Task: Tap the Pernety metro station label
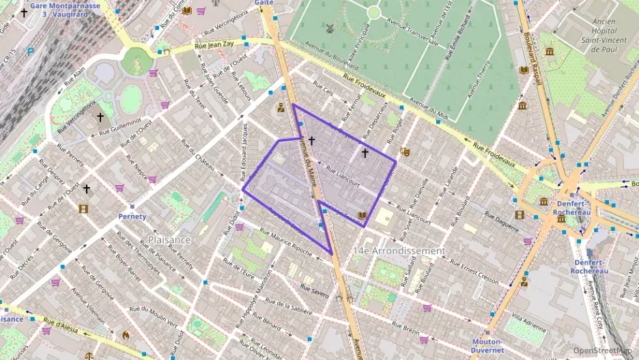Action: pyautogui.click(x=132, y=217)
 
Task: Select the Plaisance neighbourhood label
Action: pyautogui.click(x=169, y=240)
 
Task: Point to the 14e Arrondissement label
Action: pyautogui.click(x=399, y=251)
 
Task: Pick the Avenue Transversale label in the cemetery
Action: pyautogui.click(x=412, y=31)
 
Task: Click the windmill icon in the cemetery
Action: pyautogui.click(x=330, y=29)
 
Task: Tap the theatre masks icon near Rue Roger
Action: pyautogui.click(x=405, y=152)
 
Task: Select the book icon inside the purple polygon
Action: pyautogui.click(x=362, y=216)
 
